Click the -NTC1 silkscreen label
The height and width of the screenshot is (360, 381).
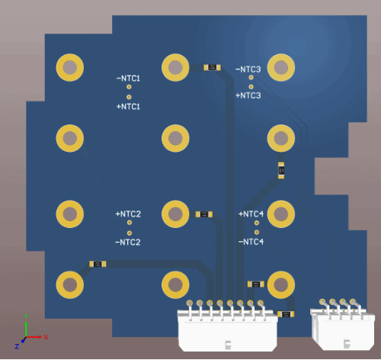[128, 79]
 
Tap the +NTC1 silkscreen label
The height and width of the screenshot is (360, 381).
[128, 107]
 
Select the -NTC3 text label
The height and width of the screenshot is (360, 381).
[248, 69]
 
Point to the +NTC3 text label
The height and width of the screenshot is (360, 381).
[248, 95]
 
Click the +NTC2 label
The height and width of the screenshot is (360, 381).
[128, 214]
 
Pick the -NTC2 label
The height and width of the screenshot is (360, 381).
[128, 243]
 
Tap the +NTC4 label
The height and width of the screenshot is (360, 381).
[251, 214]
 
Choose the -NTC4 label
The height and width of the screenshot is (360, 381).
[251, 242]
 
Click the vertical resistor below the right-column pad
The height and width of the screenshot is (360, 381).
[281, 170]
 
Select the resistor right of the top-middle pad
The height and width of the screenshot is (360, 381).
[212, 67]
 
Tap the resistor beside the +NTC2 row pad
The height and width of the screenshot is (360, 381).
[204, 214]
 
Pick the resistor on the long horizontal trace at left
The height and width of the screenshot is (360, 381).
[98, 264]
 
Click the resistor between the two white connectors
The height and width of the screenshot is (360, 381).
[286, 314]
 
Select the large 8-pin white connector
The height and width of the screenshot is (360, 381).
[227, 328]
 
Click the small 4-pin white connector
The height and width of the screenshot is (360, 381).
[343, 326]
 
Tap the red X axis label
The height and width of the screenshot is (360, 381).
[46, 337]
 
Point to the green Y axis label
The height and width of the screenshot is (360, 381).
[26, 317]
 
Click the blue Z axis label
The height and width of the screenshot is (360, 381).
[17, 346]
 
